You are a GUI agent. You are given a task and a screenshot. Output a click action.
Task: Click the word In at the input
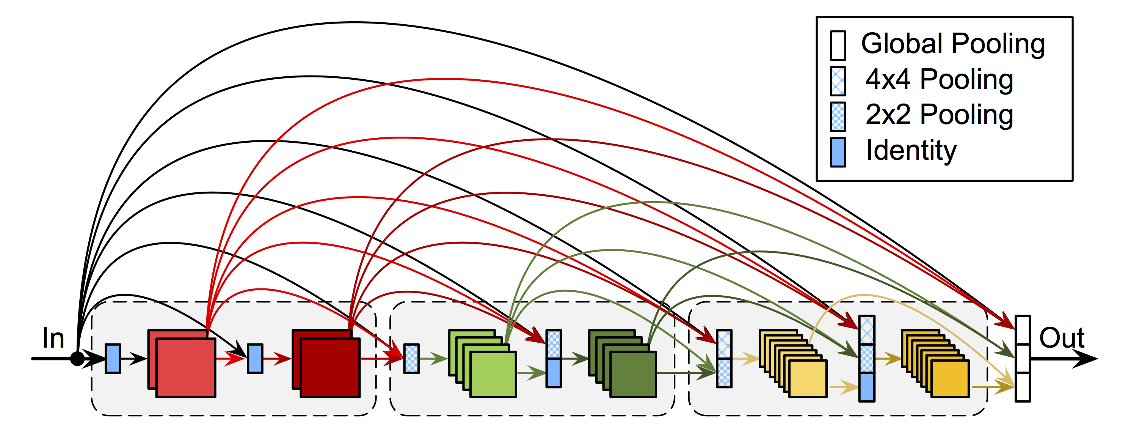pyautogui.click(x=53, y=338)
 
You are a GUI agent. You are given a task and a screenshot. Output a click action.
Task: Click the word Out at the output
pyautogui.click(x=1061, y=338)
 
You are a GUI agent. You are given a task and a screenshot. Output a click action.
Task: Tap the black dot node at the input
pyautogui.click(x=78, y=359)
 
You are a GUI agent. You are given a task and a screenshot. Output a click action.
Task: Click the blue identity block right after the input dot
pyautogui.click(x=113, y=359)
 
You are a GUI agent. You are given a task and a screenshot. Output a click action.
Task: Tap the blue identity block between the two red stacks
pyautogui.click(x=255, y=359)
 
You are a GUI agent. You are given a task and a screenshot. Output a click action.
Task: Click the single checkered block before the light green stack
pyautogui.click(x=411, y=359)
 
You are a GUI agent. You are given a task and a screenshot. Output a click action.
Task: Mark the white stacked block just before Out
pyautogui.click(x=1022, y=359)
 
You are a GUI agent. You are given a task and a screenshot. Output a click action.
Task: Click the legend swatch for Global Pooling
pyautogui.click(x=838, y=45)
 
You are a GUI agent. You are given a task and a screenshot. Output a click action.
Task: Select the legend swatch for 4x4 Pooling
pyautogui.click(x=838, y=81)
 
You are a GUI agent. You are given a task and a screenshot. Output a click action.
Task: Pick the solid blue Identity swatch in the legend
pyautogui.click(x=838, y=152)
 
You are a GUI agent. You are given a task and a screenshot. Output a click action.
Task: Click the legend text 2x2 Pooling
pyautogui.click(x=939, y=115)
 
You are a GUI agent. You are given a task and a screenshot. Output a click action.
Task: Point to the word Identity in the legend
pyautogui.click(x=911, y=151)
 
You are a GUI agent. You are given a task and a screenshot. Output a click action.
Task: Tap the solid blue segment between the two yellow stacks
pyautogui.click(x=867, y=387)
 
